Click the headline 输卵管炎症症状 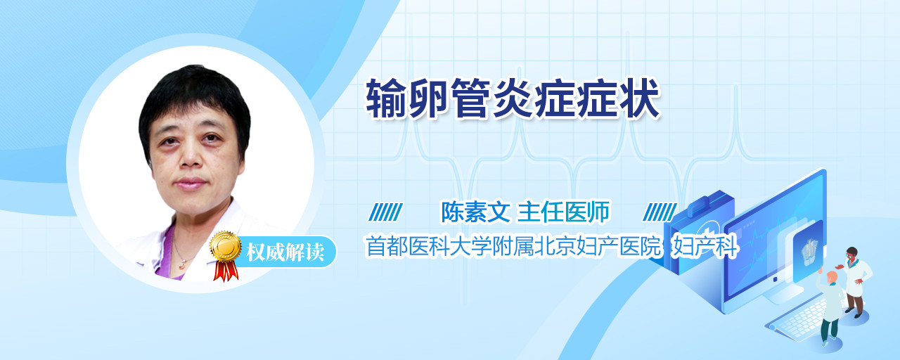coord(513,98)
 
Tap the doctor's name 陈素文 coord(475,212)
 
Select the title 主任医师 coord(563,212)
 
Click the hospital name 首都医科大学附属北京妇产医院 coord(513,246)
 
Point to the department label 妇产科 coord(705,246)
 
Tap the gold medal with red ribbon coord(226,255)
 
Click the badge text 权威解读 coord(285,252)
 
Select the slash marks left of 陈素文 coord(385,212)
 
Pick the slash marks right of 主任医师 coord(660,212)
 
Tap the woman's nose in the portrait coord(190,157)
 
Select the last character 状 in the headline coord(640,98)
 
